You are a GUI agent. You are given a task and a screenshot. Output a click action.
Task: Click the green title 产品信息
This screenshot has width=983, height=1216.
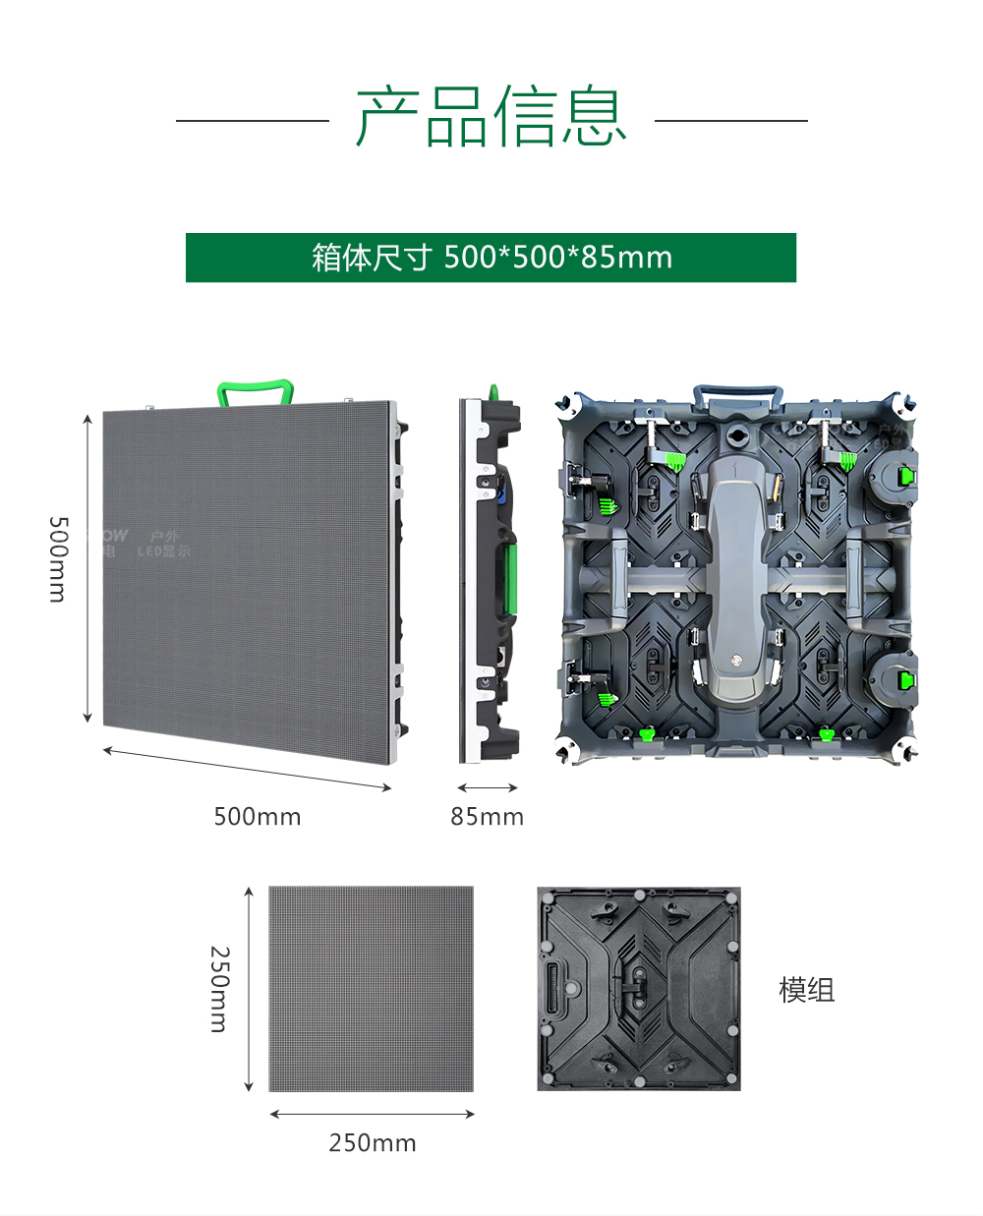click(491, 117)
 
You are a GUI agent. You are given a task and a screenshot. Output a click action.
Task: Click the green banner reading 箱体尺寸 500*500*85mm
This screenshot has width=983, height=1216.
click(491, 258)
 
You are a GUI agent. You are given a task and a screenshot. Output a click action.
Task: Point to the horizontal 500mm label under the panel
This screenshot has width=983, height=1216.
click(258, 817)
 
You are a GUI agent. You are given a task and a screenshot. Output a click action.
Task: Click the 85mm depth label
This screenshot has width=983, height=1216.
click(487, 817)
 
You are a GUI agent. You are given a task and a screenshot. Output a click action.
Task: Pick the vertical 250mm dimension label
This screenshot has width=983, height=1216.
click(219, 989)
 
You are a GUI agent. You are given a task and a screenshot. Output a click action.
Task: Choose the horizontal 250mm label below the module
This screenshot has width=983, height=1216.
click(373, 1143)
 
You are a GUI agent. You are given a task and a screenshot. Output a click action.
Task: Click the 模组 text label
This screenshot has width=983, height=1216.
click(806, 990)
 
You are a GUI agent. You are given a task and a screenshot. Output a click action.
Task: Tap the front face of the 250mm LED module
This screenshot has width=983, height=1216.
click(372, 989)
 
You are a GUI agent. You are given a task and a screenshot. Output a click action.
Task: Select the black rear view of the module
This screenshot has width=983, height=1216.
click(639, 989)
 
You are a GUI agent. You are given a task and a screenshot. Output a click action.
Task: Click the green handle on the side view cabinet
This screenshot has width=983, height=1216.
click(511, 579)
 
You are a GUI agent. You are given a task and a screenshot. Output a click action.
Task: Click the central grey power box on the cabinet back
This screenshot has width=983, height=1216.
click(737, 580)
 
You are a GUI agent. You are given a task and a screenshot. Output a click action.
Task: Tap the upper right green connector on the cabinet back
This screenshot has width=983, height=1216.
click(904, 478)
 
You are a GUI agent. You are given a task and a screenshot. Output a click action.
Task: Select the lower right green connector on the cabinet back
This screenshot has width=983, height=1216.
click(904, 680)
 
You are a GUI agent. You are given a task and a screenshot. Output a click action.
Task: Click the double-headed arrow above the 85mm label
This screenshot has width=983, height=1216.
click(488, 787)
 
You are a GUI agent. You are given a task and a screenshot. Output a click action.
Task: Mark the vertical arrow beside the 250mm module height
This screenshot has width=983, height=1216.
click(249, 989)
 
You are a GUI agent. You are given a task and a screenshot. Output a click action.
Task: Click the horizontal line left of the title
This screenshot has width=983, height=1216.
click(252, 121)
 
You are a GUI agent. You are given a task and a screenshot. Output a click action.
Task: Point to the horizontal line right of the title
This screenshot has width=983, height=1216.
click(730, 121)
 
